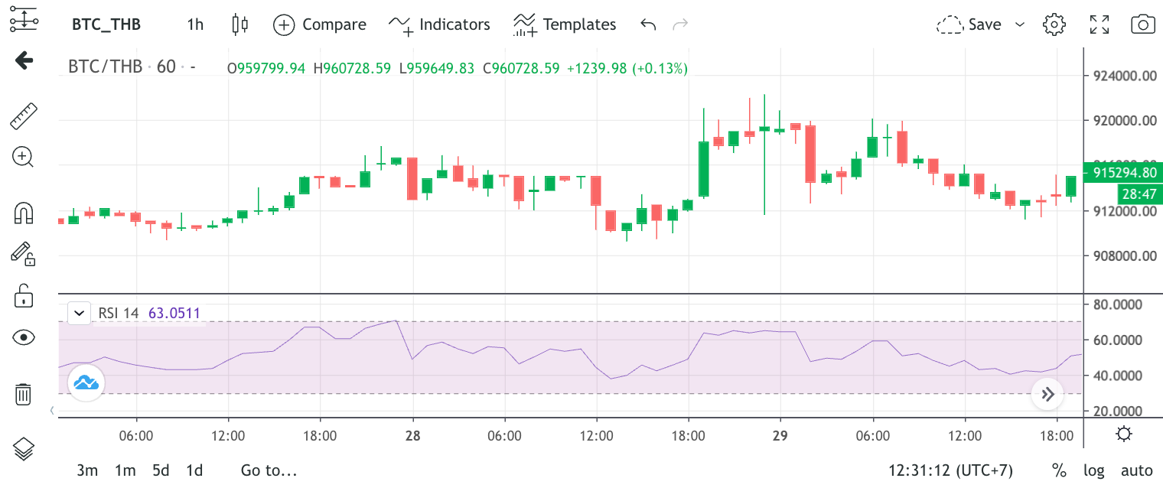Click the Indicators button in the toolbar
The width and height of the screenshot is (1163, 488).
click(x=439, y=24)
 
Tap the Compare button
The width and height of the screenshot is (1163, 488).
click(x=320, y=24)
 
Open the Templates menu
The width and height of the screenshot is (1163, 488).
click(x=565, y=24)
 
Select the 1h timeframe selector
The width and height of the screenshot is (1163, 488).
click(x=195, y=24)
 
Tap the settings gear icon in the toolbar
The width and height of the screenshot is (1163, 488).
click(x=1054, y=24)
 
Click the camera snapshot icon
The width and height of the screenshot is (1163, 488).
click(x=1143, y=24)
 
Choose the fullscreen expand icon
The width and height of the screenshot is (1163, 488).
click(x=1099, y=24)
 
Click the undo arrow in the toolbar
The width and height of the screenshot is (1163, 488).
click(x=648, y=24)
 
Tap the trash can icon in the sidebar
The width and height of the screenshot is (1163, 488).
click(x=23, y=395)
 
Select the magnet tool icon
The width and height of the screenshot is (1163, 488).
click(x=24, y=213)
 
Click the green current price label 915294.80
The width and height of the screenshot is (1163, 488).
click(x=1124, y=172)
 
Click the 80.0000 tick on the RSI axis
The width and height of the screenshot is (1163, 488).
click(x=1117, y=304)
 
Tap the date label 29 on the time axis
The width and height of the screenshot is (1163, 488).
click(x=780, y=435)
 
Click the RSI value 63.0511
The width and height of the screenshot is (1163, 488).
click(x=174, y=313)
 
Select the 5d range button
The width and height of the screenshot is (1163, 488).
click(x=161, y=470)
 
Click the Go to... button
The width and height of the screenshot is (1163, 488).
click(x=269, y=470)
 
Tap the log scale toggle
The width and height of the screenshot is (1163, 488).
click(x=1093, y=471)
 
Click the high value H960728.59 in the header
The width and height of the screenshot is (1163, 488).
click(x=352, y=69)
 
